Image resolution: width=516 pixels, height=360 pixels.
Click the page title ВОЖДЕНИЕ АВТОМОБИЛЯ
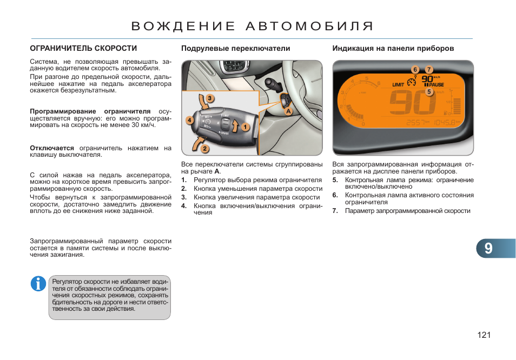tap(253, 26)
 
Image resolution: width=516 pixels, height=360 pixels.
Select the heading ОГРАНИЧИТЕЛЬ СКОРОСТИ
tap(83, 49)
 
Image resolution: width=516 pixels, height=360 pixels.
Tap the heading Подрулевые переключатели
tap(235, 49)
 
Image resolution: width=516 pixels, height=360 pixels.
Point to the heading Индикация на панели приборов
tap(393, 49)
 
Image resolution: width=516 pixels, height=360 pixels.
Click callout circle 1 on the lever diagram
tap(245, 127)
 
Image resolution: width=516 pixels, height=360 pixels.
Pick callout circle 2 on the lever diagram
tap(205, 148)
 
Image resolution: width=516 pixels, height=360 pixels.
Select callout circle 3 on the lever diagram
tap(209, 98)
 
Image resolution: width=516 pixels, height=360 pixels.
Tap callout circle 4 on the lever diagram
tap(189, 119)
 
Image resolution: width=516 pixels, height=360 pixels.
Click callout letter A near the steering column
tap(288, 111)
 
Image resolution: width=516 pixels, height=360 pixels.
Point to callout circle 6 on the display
tap(415, 70)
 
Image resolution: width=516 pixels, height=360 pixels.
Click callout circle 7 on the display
tap(429, 70)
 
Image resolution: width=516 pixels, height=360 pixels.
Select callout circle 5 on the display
tap(429, 92)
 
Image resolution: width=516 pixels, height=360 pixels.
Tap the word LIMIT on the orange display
tap(398, 84)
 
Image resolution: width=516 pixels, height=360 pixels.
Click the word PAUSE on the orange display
tap(436, 85)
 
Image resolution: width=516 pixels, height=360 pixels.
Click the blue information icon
tap(38, 283)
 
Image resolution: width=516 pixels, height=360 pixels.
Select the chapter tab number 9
tap(488, 249)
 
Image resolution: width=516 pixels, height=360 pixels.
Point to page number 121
tap(484, 336)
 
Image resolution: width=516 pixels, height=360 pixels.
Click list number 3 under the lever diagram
tap(184, 197)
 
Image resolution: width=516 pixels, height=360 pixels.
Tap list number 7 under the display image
tap(335, 211)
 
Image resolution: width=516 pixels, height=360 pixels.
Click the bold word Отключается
tap(52, 148)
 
